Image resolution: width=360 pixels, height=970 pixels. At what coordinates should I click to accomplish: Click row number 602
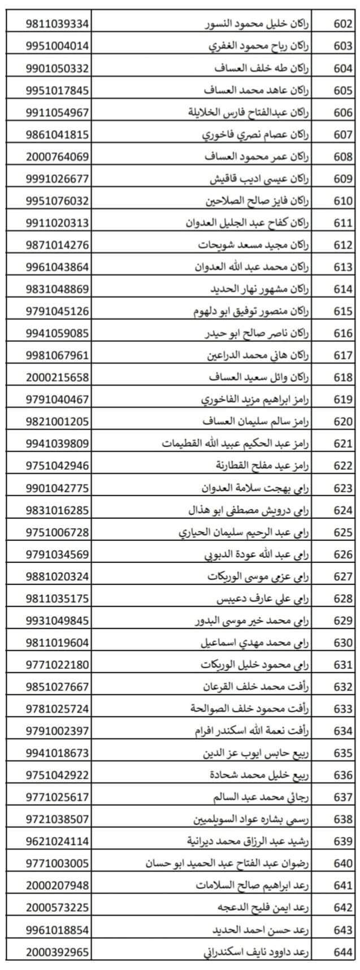pyautogui.click(x=343, y=24)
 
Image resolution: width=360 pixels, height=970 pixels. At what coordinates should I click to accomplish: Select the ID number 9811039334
pyautogui.click(x=57, y=24)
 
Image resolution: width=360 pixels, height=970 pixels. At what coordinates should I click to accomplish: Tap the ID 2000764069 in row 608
pyautogui.click(x=57, y=157)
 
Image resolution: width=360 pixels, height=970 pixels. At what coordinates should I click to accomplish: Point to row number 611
pyautogui.click(x=343, y=223)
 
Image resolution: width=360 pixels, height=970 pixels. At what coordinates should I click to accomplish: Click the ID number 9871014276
pyautogui.click(x=57, y=245)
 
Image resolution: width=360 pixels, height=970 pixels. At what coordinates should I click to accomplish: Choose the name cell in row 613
pyautogui.click(x=255, y=267)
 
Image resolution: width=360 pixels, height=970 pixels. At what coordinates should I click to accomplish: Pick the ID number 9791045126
pyautogui.click(x=57, y=311)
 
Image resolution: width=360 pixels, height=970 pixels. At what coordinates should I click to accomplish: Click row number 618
pyautogui.click(x=343, y=377)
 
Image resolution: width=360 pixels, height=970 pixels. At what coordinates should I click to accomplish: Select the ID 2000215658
pyautogui.click(x=57, y=377)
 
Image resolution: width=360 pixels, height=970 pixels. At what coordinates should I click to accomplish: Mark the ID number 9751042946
pyautogui.click(x=57, y=466)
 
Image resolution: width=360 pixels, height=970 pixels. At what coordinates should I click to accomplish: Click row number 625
pyautogui.click(x=343, y=532)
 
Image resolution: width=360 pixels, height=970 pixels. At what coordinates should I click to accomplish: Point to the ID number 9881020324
pyautogui.click(x=57, y=576)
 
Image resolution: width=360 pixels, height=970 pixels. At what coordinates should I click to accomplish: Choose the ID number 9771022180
pyautogui.click(x=57, y=664)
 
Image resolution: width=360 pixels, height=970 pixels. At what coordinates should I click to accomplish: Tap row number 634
pyautogui.click(x=343, y=731)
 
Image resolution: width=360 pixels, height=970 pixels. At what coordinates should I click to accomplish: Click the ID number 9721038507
pyautogui.click(x=57, y=819)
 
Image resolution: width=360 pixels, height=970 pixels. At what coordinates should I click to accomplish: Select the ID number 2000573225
pyautogui.click(x=57, y=907)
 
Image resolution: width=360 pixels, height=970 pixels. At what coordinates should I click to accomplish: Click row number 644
pyautogui.click(x=343, y=952)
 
